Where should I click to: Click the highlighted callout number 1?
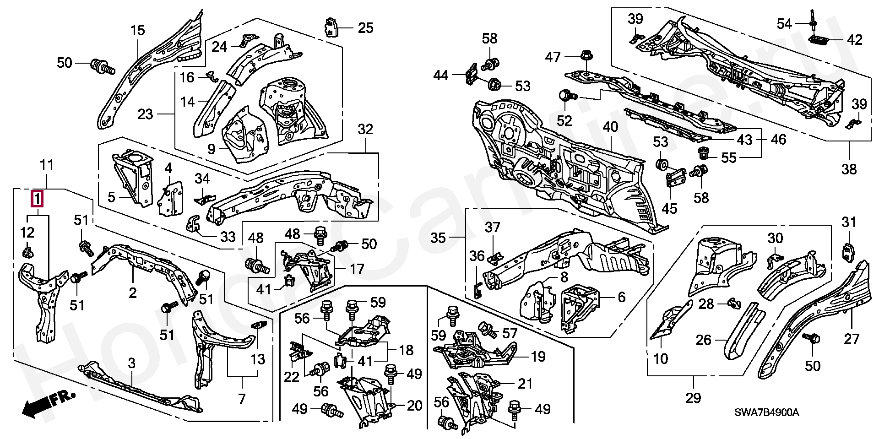tap(37, 200)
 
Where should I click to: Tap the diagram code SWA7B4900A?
tap(766, 412)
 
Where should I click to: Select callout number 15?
tap(137, 31)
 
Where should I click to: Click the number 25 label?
tap(365, 28)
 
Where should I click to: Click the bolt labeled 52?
tap(566, 96)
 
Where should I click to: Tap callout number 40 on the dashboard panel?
tap(610, 127)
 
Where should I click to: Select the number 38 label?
tap(849, 169)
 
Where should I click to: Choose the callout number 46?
tap(778, 139)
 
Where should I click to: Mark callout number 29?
tap(693, 397)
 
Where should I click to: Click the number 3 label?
tap(132, 363)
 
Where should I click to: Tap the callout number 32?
tap(365, 130)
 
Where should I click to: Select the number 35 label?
tap(438, 238)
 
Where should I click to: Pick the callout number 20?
tap(414, 405)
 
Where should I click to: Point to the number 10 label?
tap(661, 358)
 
